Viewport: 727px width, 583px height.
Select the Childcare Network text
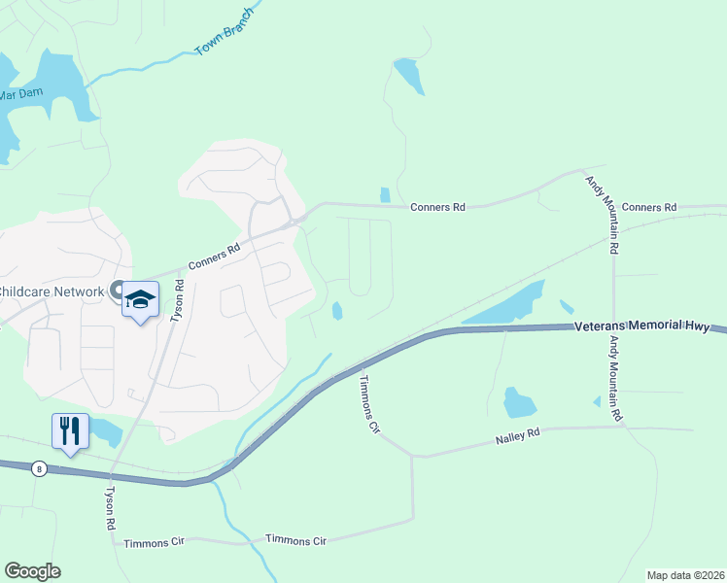coord(51,291)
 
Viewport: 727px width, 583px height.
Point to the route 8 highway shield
coord(38,468)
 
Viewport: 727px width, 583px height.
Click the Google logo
coord(32,571)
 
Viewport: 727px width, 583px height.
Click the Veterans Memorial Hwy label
coord(641,328)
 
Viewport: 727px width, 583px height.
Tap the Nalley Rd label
coord(518,436)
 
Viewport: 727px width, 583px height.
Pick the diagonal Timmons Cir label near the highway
coord(367,402)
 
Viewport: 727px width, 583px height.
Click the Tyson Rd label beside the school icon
coord(177,301)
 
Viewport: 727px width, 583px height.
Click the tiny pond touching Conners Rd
coord(385,194)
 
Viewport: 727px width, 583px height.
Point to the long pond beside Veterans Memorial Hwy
coord(505,307)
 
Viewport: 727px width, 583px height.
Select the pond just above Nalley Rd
coord(518,401)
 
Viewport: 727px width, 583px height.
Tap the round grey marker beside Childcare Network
coord(117,290)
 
